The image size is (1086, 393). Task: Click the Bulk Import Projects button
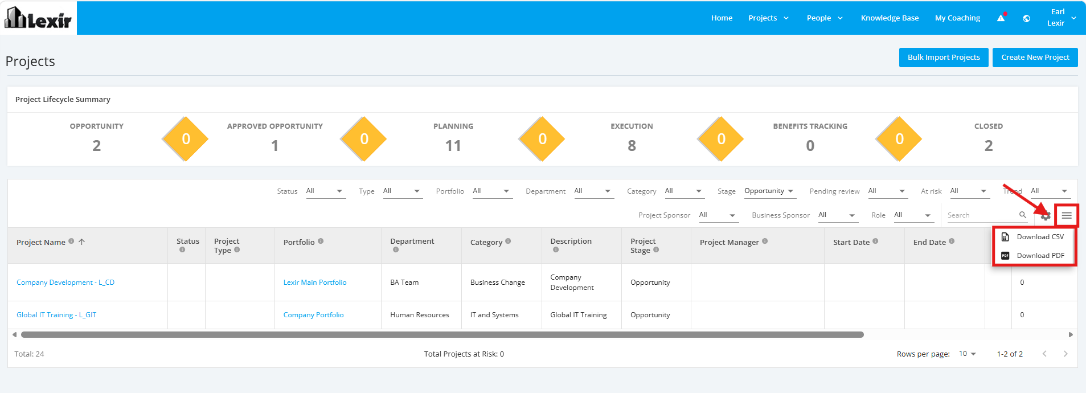[944, 58]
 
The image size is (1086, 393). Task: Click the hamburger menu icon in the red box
[1067, 215]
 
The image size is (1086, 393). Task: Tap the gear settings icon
[1046, 215]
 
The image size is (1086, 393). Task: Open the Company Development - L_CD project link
[65, 283]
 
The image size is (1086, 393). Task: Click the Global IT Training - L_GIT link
[56, 315]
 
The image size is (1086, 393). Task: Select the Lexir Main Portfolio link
[315, 283]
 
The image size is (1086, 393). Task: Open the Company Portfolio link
[314, 315]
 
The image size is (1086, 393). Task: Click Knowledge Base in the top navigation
[890, 18]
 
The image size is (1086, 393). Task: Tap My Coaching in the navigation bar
[957, 18]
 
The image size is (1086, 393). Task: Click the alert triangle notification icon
[1001, 18]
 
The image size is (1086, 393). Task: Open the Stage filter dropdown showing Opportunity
[769, 191]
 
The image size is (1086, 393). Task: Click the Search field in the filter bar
[982, 215]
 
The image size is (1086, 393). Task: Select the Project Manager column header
[730, 243]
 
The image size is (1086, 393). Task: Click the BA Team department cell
[404, 283]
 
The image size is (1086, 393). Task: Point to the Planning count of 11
[453, 146]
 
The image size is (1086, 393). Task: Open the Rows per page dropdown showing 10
[968, 354]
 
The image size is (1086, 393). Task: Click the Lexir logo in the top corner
[38, 18]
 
